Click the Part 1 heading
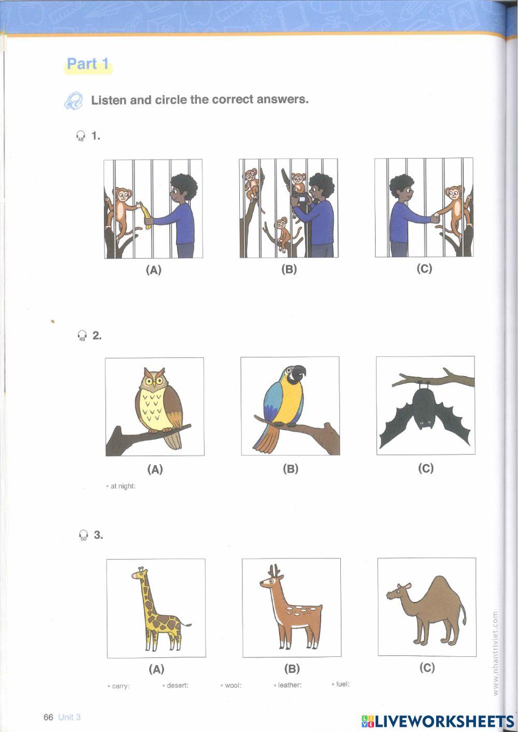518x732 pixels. [88, 64]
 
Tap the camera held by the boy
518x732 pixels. [303, 198]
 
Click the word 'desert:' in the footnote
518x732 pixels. [176, 685]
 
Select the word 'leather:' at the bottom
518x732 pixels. [288, 685]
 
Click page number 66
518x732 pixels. [49, 717]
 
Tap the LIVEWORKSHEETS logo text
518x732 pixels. [438, 721]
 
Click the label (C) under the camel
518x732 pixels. [427, 668]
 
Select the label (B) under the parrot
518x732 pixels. [291, 469]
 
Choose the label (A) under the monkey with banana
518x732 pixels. [154, 269]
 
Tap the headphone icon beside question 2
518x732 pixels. [81, 336]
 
